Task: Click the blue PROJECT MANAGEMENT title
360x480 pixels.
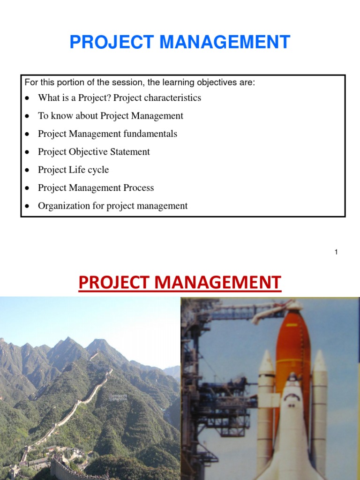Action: pyautogui.click(x=180, y=42)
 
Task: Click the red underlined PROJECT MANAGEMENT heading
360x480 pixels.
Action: pyautogui.click(x=180, y=283)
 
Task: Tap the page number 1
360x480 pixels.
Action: pyautogui.click(x=336, y=252)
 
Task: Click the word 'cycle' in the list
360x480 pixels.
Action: pyautogui.click(x=98, y=170)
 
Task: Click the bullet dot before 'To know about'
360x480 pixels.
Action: pyautogui.click(x=28, y=116)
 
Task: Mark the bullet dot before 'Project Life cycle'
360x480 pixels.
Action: pyautogui.click(x=28, y=170)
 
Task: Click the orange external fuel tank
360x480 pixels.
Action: pyautogui.click(x=293, y=342)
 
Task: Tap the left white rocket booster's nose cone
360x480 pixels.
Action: pyautogui.click(x=266, y=361)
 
